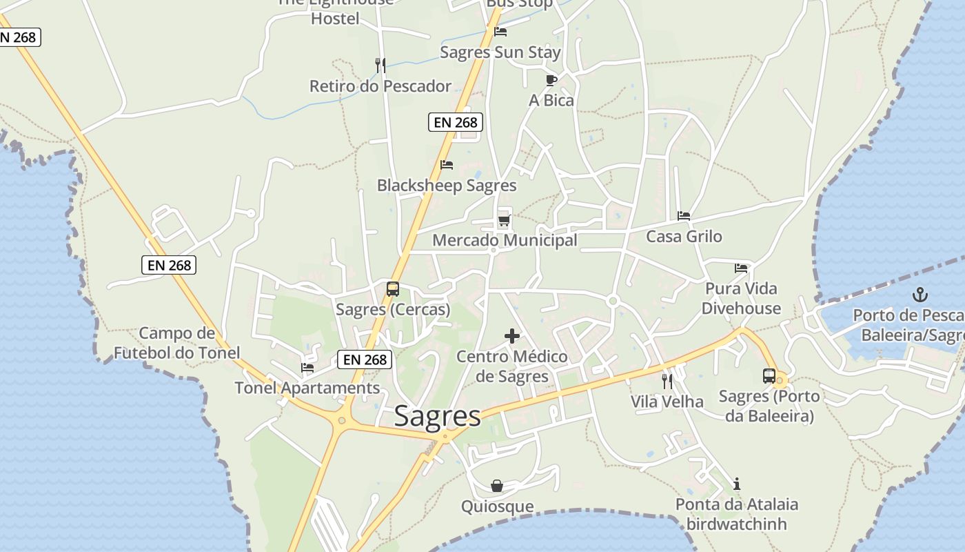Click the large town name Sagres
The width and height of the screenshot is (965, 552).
[x=437, y=416]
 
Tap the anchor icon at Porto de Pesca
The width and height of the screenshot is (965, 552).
[x=920, y=295]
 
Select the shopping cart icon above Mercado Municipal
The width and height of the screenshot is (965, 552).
[x=505, y=221]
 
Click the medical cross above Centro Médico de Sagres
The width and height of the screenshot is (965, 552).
[x=512, y=336]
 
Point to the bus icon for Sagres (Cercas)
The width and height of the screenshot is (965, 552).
[x=393, y=289]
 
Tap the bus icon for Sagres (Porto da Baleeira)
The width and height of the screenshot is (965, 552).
[x=769, y=376]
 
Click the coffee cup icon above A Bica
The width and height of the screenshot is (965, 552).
[x=551, y=80]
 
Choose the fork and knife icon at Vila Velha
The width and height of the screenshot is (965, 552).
[x=667, y=381]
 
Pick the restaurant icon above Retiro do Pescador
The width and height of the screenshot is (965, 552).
[x=380, y=66]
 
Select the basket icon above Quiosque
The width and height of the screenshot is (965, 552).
[x=497, y=486]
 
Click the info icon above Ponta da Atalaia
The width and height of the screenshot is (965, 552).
[x=737, y=484]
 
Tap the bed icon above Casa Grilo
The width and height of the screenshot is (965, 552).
[x=684, y=216]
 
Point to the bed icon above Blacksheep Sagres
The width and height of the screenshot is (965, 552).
[x=447, y=165]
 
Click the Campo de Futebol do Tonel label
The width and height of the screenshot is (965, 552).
[x=177, y=343]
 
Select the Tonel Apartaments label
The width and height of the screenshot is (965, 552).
[x=307, y=388]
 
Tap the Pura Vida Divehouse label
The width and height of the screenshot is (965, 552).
[x=741, y=298]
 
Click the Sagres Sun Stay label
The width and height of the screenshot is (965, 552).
[x=500, y=52]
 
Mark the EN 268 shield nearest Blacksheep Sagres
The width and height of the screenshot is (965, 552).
[x=455, y=122]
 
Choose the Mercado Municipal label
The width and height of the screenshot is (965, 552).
[x=505, y=240]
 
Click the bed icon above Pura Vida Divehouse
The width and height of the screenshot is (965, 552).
[x=741, y=268]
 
